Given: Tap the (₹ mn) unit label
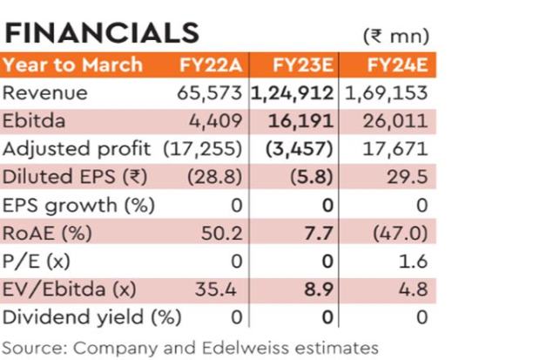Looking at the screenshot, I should click(395, 37).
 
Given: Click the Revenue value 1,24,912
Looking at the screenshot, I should click(296, 93).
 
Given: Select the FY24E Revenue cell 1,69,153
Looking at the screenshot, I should click(388, 93).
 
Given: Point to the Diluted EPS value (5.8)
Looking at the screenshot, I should click(313, 177).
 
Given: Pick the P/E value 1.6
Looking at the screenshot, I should click(414, 261).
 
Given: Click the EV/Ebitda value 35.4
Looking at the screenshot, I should click(227, 289).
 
